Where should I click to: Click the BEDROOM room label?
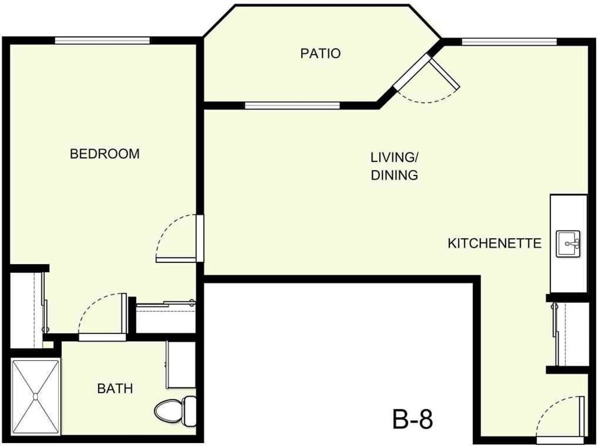105,154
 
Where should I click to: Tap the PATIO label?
320,54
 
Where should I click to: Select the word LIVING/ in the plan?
394,158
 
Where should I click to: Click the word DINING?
394,176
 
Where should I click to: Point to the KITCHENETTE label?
495,244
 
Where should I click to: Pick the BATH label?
115,389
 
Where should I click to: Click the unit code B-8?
413,419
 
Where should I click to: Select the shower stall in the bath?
35,395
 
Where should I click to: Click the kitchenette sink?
568,244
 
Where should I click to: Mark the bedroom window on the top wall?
102,41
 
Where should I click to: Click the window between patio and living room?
292,106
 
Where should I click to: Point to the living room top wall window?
509,42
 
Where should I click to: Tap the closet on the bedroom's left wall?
26,308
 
